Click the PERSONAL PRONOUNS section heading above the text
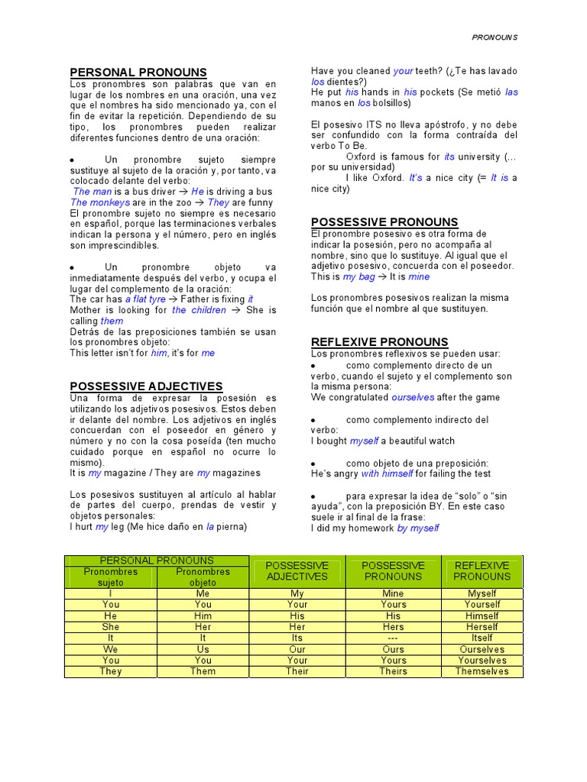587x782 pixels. pos(138,73)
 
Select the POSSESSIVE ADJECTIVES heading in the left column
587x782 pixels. pos(146,386)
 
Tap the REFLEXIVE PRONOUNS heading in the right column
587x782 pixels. pos(380,342)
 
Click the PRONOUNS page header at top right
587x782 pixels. pos(495,37)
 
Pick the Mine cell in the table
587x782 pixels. pos(394,593)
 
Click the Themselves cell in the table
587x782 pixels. pos(482,671)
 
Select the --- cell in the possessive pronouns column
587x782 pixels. pos(394,638)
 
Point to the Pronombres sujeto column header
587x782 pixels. pos(111,577)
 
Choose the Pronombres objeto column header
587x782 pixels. pos(203,577)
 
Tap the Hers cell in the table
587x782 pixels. pos(394,627)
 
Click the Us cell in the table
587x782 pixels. pos(203,649)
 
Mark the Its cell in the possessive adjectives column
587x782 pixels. pos(297,638)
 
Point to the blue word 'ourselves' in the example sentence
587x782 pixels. pos(413,397)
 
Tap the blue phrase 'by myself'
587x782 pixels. pos(418,528)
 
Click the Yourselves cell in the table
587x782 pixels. pos(482,661)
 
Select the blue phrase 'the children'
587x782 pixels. pos(199,310)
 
